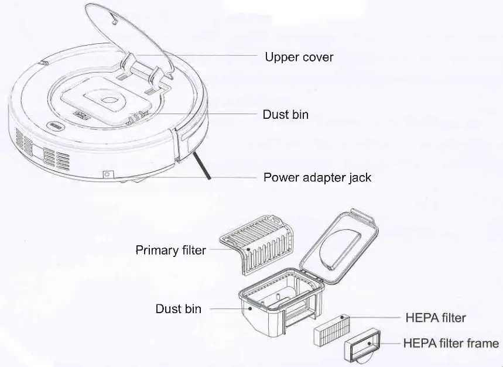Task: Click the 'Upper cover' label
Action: [x=299, y=57]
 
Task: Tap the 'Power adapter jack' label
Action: [x=317, y=177]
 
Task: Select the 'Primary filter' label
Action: [x=170, y=251]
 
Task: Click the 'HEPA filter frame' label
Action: [x=451, y=344]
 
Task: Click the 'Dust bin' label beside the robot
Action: [x=285, y=115]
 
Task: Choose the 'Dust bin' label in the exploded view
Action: [x=178, y=308]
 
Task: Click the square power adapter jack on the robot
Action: [x=107, y=174]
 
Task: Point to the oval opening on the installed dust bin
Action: [x=110, y=101]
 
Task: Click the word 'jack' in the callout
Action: [x=360, y=177]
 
